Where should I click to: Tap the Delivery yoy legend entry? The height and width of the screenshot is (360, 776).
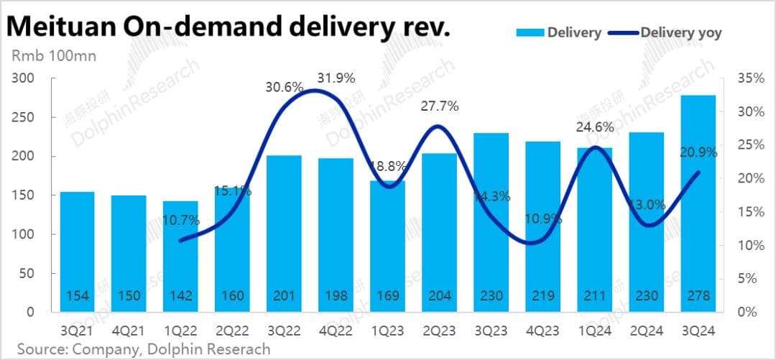(680, 32)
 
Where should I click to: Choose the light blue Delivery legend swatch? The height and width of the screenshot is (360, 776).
(529, 32)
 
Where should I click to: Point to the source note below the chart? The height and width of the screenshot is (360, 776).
(144, 349)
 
